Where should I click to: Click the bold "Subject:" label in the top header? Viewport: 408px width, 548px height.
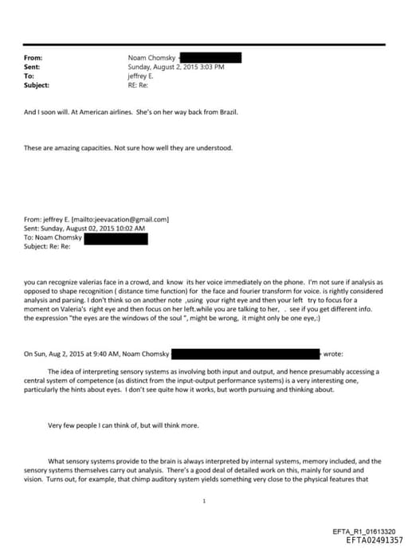tap(37, 84)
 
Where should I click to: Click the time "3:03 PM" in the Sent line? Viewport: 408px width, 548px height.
tap(210, 67)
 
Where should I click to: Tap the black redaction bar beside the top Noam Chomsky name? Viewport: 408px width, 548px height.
tap(210, 57)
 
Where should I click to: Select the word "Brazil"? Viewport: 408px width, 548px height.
tap(227, 112)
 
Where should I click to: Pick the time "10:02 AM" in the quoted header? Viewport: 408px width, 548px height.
tap(130, 228)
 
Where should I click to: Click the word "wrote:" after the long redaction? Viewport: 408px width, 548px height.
tap(334, 353)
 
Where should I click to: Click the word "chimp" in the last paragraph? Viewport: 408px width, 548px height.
tap(143, 478)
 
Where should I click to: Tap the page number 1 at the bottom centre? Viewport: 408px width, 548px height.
tap(205, 501)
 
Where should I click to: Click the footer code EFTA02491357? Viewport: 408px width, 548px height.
tap(375, 539)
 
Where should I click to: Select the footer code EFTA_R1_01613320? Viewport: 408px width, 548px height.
tap(373, 530)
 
